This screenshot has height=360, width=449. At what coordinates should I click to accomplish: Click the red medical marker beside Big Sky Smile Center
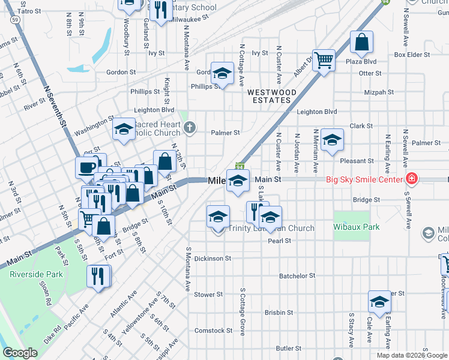coord(411,179)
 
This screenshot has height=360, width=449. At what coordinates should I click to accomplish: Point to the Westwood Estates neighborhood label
coord(271,96)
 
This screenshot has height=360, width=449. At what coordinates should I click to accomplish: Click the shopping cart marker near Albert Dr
coord(324,60)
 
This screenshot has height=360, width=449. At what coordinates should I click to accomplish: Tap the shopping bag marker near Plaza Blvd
coord(361,42)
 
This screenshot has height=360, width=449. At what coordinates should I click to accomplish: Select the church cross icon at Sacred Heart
coord(190,127)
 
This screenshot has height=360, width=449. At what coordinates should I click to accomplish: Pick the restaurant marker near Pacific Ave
coord(98,276)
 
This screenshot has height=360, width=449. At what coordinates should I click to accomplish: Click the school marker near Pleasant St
coord(331,140)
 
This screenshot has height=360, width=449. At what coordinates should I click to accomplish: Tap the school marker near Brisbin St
coord(379,303)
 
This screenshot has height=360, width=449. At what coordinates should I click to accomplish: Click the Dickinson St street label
coord(212,259)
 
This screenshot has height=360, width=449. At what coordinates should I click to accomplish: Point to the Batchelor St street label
coord(297,276)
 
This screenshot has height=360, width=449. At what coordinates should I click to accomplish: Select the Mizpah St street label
coord(379,92)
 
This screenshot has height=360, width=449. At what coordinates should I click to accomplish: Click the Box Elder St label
coord(414,55)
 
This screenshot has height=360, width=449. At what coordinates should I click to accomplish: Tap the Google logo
coord(20,353)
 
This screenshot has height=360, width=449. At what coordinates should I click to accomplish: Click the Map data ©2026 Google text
coord(411,355)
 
